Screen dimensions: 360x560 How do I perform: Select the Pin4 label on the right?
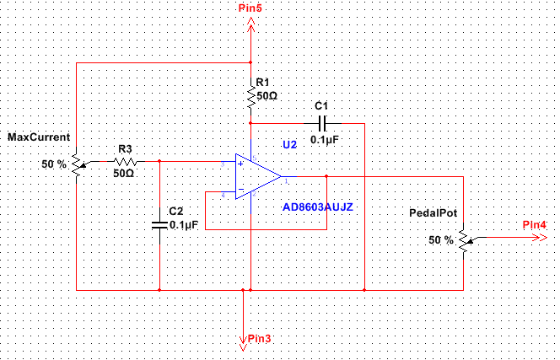pyautogui.click(x=533, y=224)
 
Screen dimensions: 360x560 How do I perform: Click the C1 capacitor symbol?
pyautogui.click(x=320, y=122)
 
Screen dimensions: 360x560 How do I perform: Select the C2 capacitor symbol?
pyautogui.click(x=159, y=224)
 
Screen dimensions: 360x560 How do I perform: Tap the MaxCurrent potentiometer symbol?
pyautogui.click(x=77, y=162)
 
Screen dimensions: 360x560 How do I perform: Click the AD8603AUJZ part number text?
pyautogui.click(x=316, y=206)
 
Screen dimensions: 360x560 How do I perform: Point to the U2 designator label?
pyautogui.click(x=289, y=144)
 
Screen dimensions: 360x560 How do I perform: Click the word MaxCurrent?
pyautogui.click(x=39, y=137)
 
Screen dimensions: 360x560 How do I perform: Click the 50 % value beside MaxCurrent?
pyautogui.click(x=53, y=164)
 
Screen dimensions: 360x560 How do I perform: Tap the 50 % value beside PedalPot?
pyautogui.click(x=440, y=240)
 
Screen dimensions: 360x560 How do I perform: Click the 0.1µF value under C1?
pyautogui.click(x=324, y=139)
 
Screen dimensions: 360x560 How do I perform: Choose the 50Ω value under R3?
pyautogui.click(x=123, y=173)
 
